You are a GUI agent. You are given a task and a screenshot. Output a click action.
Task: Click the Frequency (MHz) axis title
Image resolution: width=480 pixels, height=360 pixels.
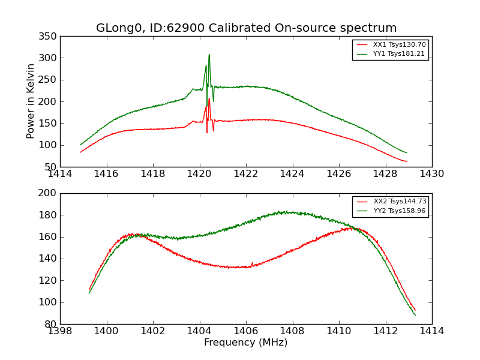[245, 343]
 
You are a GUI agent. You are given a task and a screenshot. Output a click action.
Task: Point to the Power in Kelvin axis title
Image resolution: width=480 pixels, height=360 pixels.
[31, 101]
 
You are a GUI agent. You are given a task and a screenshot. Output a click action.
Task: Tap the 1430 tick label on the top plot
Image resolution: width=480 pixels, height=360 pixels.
[431, 174]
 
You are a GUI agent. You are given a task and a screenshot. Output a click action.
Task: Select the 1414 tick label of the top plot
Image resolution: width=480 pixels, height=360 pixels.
[60, 174]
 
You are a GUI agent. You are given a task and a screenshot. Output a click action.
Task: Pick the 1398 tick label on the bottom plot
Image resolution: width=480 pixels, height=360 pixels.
[60, 331]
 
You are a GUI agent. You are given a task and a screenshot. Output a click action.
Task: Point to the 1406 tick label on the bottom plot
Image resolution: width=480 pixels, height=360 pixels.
[245, 331]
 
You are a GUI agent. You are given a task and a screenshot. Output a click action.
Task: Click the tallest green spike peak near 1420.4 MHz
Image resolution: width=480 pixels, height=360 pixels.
[209, 55]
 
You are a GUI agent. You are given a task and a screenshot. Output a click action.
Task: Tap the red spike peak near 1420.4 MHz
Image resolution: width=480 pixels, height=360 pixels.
[209, 99]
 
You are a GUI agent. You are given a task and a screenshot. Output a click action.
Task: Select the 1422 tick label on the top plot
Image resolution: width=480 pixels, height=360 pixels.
[245, 174]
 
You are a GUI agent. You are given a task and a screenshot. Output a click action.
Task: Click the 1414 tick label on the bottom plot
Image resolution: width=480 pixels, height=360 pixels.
[431, 331]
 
